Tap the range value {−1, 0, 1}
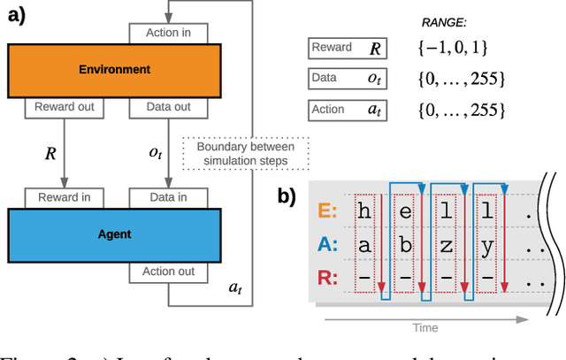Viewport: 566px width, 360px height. (452, 48)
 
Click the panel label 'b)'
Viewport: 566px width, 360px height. (290, 196)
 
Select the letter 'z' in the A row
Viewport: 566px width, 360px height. (449, 243)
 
